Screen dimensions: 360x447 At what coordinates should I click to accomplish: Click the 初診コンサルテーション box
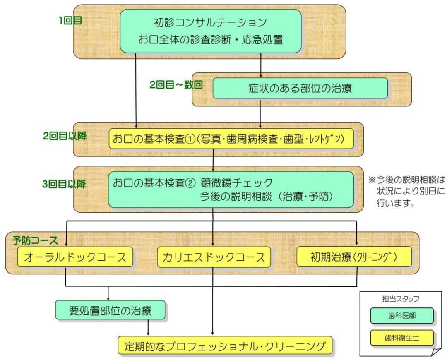[211, 31]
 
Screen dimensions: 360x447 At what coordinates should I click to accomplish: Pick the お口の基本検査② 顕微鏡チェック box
[231, 190]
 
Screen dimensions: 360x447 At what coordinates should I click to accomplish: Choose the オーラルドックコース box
[75, 257]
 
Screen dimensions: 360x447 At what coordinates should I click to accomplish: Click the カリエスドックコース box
[214, 257]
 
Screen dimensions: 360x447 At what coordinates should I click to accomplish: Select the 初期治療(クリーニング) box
[354, 257]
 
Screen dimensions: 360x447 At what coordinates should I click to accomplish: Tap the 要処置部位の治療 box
[110, 310]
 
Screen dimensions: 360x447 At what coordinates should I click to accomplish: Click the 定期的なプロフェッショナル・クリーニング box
[225, 345]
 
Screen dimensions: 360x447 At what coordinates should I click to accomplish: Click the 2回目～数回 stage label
[176, 85]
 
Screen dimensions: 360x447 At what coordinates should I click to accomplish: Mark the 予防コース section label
[35, 240]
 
